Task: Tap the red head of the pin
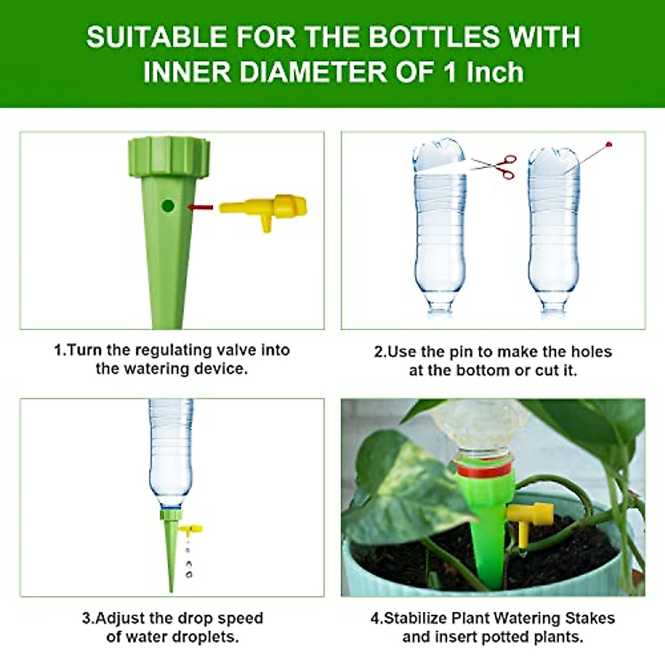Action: pos(609,145)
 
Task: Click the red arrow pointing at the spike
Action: pos(201,207)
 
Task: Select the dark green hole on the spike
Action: pos(168,206)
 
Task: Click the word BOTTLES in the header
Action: pos(434,38)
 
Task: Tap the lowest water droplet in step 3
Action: pos(189,575)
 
